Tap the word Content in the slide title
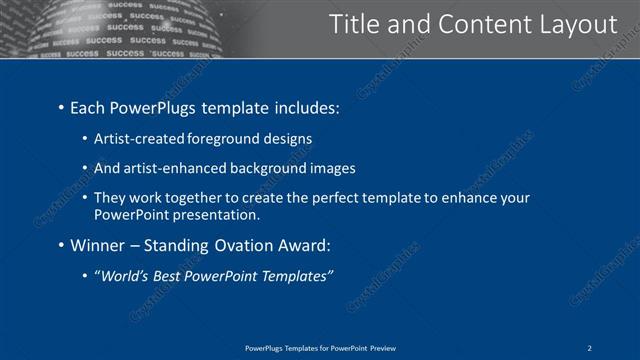pos(475,24)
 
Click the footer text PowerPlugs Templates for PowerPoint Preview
pos(320,347)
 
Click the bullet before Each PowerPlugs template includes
pos(62,107)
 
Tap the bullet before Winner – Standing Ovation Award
pos(62,245)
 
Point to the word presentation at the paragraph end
pos(220,215)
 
